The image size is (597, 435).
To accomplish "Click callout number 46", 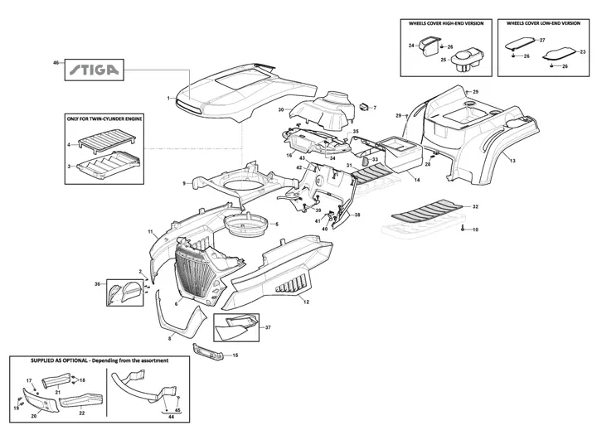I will (x=56, y=63).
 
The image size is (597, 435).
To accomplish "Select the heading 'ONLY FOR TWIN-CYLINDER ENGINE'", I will (x=103, y=119).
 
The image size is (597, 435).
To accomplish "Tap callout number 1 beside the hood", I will (x=168, y=98).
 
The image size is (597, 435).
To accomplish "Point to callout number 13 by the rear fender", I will (x=512, y=159).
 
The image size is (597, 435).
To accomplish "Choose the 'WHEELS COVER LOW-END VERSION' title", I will (x=543, y=24).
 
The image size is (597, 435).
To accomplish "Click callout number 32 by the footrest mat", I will (x=474, y=205).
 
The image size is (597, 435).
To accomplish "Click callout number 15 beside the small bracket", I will (x=235, y=355).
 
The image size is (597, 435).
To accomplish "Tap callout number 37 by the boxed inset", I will (x=268, y=327).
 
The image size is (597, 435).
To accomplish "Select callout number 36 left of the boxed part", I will (x=97, y=284).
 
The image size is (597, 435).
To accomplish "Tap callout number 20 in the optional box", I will (x=34, y=417).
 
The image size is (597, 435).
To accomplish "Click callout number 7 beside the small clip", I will (x=374, y=108).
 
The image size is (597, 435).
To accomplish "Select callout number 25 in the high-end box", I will (x=444, y=60).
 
